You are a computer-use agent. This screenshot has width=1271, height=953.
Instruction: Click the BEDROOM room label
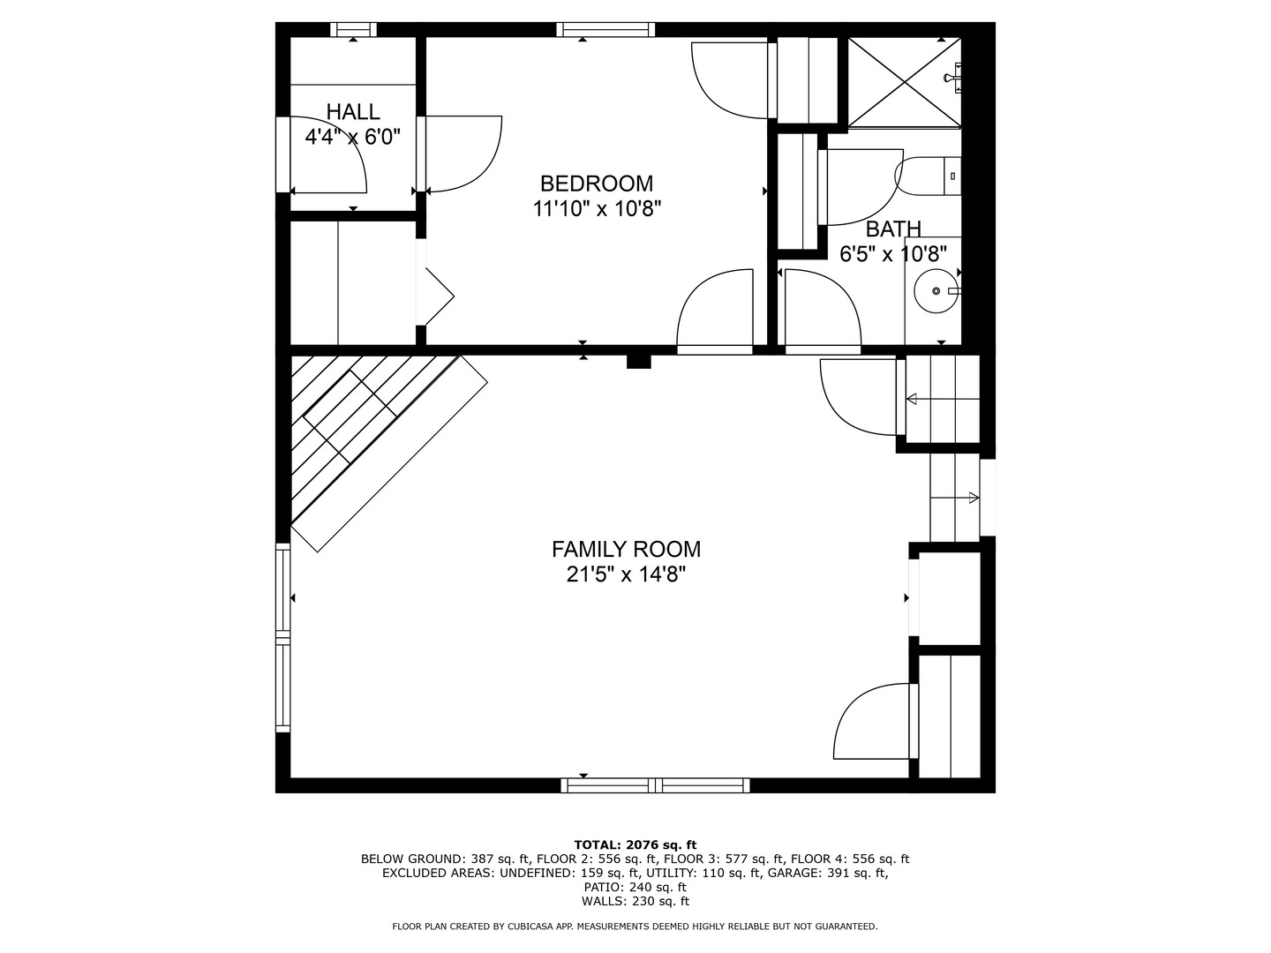(x=597, y=184)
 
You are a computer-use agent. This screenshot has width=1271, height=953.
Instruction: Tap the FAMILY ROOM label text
(x=626, y=549)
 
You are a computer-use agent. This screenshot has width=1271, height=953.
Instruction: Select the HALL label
(x=353, y=112)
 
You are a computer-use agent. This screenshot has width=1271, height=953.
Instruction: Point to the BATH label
(x=893, y=229)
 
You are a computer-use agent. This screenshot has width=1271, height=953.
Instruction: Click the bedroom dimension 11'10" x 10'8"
(x=597, y=209)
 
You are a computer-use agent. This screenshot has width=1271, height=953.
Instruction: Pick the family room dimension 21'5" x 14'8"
(x=626, y=574)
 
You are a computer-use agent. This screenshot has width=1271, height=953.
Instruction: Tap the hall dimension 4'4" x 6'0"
(x=353, y=137)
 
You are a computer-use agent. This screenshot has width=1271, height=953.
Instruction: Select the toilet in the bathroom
(x=928, y=176)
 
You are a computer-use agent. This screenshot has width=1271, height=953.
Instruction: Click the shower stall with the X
(x=905, y=82)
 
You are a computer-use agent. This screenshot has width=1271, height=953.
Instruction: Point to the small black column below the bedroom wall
(x=639, y=361)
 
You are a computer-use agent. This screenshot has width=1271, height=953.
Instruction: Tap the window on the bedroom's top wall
(x=605, y=29)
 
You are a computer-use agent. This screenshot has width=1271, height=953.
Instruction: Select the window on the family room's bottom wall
(x=655, y=785)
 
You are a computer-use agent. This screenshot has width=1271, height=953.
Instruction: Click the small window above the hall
(x=353, y=29)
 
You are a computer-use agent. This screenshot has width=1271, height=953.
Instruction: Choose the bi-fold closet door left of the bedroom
(x=435, y=282)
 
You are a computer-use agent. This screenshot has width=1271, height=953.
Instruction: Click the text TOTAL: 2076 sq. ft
(x=635, y=845)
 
